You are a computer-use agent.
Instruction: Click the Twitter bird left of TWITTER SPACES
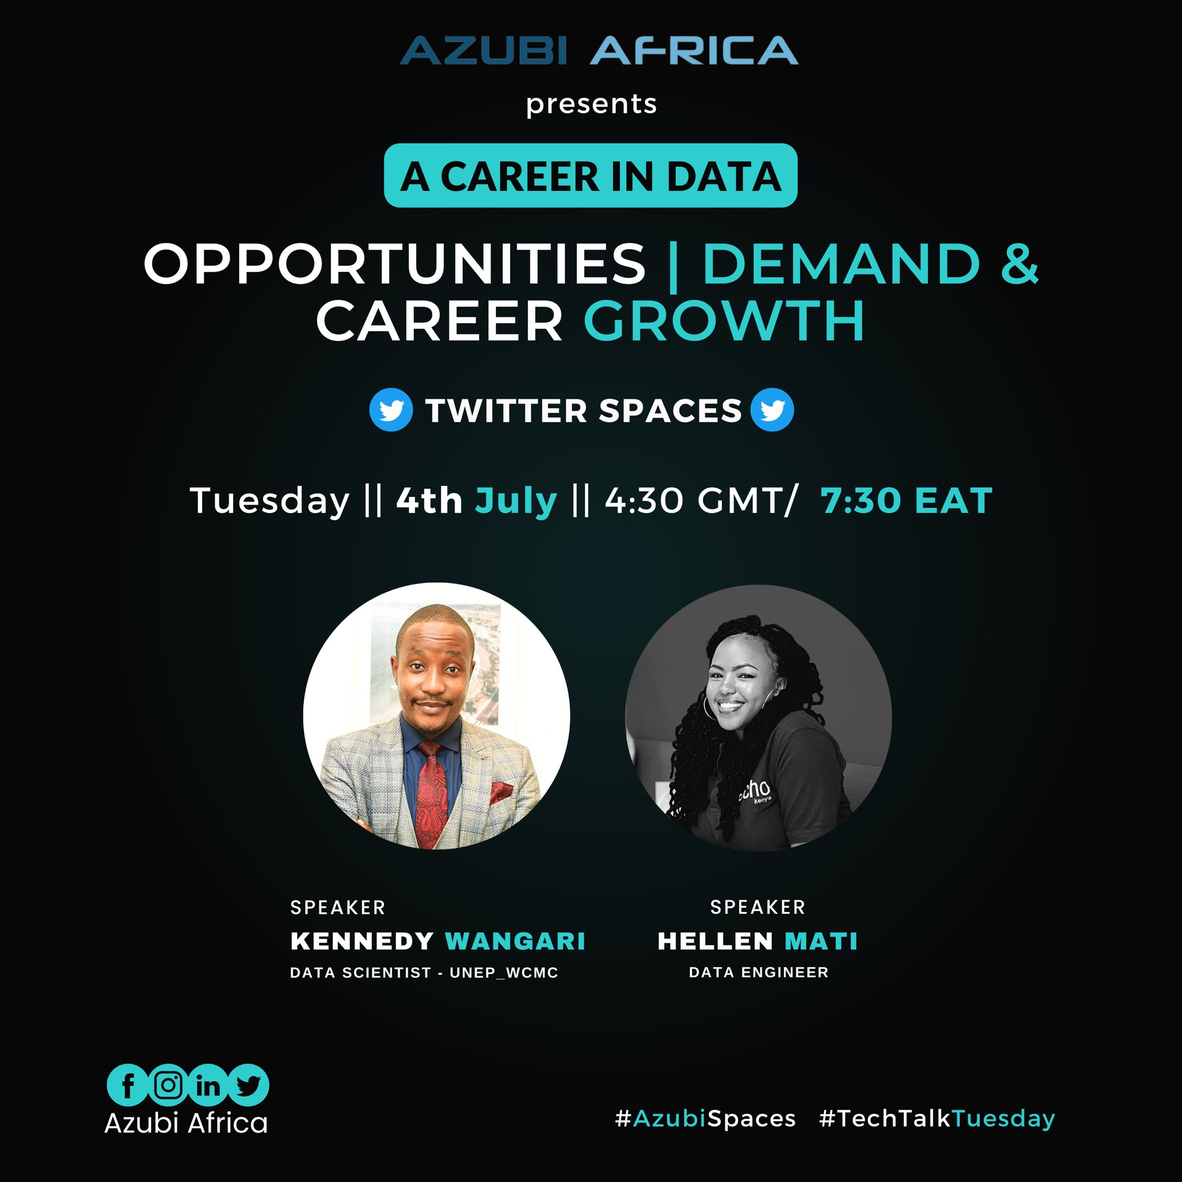point(391,410)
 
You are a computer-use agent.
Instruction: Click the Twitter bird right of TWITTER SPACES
point(772,410)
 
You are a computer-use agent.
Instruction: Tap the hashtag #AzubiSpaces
point(705,1119)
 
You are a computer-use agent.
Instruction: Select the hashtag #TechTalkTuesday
point(937,1119)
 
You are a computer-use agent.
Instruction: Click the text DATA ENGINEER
point(758,972)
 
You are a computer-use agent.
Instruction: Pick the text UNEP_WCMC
point(503,972)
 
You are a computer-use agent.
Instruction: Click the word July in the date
point(517,500)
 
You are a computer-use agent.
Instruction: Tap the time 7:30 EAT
point(906,500)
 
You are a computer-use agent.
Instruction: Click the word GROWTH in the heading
point(724,321)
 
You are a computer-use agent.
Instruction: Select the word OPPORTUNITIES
point(395,264)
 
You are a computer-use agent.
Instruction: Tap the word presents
point(591,104)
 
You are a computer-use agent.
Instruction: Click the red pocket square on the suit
point(500,793)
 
